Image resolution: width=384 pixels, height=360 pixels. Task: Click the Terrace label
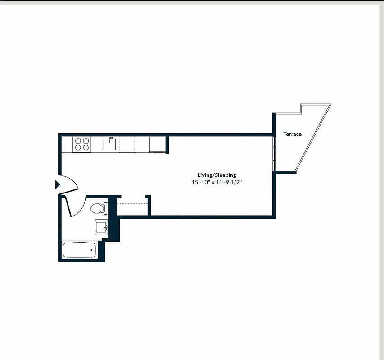point(292,134)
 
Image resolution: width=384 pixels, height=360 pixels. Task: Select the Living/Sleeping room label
point(217,175)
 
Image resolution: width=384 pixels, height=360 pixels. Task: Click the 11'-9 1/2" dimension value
point(230,183)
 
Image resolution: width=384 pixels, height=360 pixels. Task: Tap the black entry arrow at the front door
point(57,184)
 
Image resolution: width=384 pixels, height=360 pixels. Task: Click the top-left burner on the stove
point(78,141)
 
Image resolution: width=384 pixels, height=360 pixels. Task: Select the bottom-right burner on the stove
point(85,147)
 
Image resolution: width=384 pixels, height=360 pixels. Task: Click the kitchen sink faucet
point(110,139)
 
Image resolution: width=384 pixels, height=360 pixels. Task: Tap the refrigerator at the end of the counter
point(158,144)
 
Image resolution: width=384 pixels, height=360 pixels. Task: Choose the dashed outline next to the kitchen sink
point(127,144)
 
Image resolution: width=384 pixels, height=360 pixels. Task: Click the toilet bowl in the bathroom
point(96,208)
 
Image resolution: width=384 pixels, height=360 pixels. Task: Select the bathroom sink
point(101,227)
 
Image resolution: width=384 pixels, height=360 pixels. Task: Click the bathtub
point(79,250)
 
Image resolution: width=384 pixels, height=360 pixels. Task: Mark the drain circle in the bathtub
point(92,250)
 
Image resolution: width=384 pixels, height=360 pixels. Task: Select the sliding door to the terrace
point(274,153)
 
